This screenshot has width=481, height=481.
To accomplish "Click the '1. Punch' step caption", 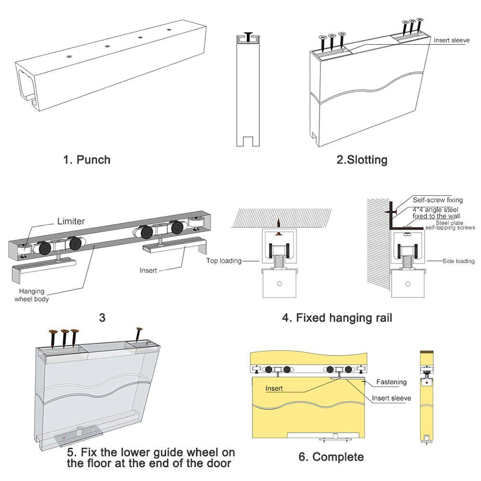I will [87, 159].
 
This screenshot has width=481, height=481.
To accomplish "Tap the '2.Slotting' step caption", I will [362, 160].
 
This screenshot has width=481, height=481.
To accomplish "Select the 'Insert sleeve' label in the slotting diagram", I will [451, 40].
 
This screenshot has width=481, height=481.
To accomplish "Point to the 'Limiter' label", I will [71, 221].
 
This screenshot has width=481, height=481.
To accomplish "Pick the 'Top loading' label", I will [224, 261].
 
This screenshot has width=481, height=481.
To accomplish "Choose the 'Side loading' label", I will [458, 261].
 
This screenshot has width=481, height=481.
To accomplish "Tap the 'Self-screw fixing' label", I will [438, 200].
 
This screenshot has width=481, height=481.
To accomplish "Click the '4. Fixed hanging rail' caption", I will [337, 318].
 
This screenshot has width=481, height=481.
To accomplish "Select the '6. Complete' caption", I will [331, 456].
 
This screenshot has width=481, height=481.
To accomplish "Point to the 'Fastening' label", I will [391, 382].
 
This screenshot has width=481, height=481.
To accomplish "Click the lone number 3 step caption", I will [102, 318].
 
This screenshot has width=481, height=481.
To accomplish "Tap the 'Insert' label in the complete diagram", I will [274, 388].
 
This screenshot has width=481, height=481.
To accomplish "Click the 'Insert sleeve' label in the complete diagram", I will [391, 398].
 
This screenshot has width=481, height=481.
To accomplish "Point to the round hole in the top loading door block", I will [278, 284].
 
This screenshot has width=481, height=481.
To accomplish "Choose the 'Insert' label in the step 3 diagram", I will [148, 271].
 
